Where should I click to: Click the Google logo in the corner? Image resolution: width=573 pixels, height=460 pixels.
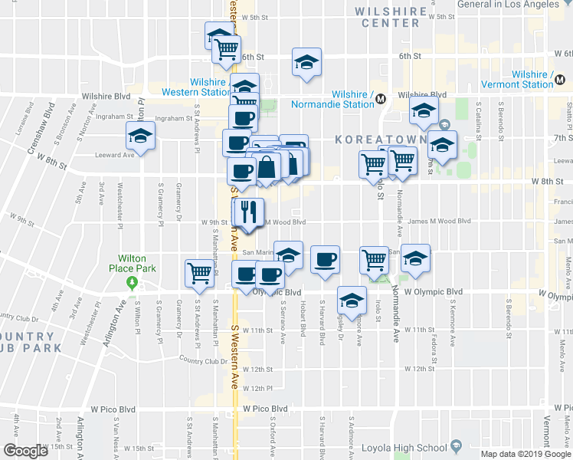point(25,451)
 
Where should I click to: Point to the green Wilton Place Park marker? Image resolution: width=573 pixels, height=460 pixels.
point(132,283)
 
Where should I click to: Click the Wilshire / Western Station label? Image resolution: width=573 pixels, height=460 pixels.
point(196,86)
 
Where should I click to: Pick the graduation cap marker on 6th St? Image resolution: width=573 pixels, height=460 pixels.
point(306,62)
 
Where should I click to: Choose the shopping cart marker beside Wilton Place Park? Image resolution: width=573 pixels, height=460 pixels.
point(199,272)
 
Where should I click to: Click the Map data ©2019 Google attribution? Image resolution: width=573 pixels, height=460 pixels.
point(526,454)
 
